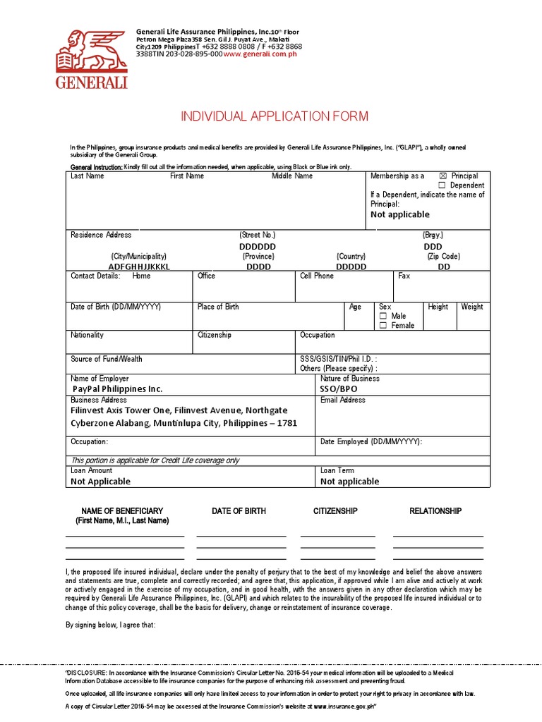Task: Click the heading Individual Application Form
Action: [275, 116]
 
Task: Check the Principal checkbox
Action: [442, 176]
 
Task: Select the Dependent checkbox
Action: [442, 185]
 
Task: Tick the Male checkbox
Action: [383, 317]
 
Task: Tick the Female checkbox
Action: [383, 326]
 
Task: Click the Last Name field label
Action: [87, 176]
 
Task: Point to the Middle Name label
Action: [292, 176]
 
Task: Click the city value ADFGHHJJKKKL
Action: [139, 267]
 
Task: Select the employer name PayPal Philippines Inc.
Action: [118, 388]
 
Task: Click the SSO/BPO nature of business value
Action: [339, 388]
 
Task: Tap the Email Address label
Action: [343, 400]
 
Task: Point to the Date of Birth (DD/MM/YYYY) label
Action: [116, 307]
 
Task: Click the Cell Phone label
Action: [317, 276]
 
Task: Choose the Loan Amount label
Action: [91, 470]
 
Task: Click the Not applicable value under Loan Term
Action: [349, 482]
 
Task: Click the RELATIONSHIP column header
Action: [435, 511]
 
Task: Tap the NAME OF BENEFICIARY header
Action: [122, 511]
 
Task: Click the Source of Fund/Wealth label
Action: [106, 359]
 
